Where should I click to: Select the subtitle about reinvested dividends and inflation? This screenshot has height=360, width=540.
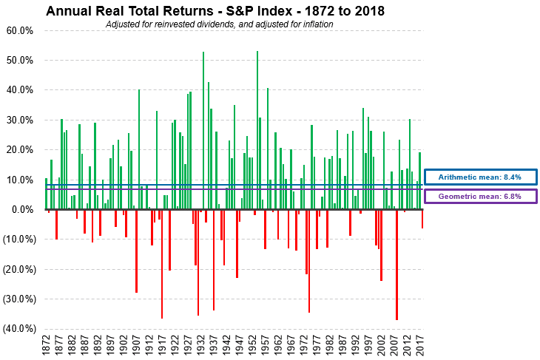tap(220, 24)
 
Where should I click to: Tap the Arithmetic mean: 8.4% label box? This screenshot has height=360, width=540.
tap(480, 177)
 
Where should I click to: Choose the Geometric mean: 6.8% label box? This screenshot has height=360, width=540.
tap(480, 197)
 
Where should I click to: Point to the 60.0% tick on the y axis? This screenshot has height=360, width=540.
tap(20, 31)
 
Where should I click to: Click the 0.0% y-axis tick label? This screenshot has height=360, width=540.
tap(22, 210)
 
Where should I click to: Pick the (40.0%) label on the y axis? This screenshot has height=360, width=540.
tap(18, 329)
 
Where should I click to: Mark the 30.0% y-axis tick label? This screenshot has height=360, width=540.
tap(20, 120)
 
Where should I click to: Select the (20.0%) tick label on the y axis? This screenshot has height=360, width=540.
tap(18, 270)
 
